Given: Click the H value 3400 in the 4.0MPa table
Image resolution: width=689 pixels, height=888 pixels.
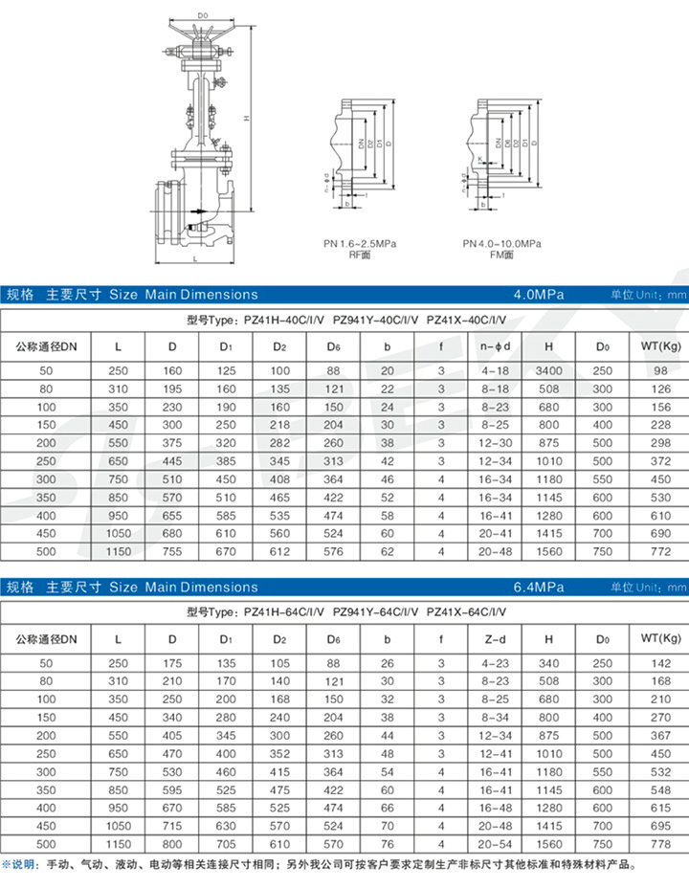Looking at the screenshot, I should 549,370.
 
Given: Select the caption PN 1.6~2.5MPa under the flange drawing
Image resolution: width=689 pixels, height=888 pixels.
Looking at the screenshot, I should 360,244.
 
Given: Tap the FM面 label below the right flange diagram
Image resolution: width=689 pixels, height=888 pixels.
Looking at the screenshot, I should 501,255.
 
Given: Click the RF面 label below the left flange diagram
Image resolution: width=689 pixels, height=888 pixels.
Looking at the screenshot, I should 360,255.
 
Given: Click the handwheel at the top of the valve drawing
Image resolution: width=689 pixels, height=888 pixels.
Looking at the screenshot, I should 203,40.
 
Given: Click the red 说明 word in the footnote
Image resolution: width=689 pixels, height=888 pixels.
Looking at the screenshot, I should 23,865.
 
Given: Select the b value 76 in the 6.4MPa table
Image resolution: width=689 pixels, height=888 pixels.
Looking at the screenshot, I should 387,845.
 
